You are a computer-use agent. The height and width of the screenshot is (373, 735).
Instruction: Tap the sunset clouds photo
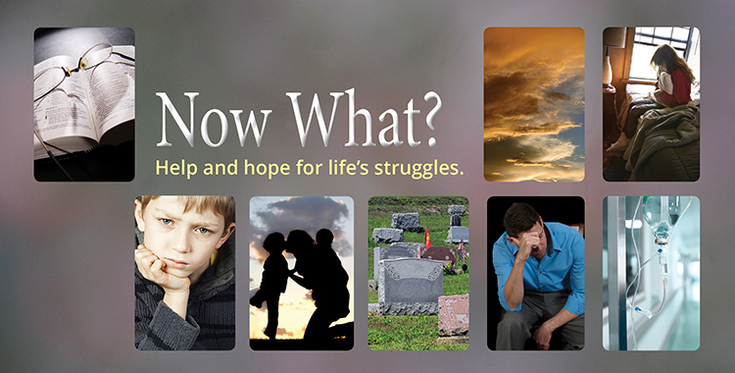click(534, 103)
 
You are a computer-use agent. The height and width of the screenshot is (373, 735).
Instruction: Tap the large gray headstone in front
click(410, 287)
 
